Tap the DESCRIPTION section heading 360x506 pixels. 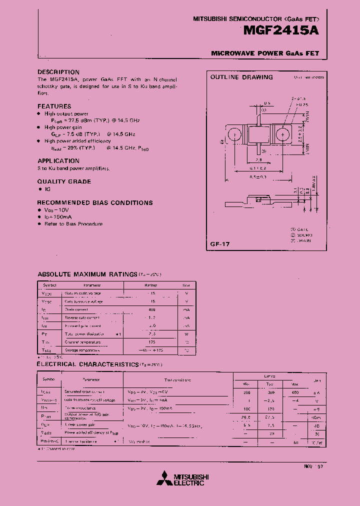[58, 72]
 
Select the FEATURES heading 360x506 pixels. [54, 106]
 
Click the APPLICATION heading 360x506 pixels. [58, 160]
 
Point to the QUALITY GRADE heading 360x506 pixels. [64, 181]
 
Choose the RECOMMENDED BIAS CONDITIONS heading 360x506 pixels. [95, 202]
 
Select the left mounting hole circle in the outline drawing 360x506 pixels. [233, 135]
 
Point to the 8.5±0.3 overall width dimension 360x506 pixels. [258, 177]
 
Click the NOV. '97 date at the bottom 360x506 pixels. [314, 466]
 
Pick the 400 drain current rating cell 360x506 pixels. [152, 310]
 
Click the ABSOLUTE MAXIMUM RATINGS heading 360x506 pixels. [87, 274]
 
